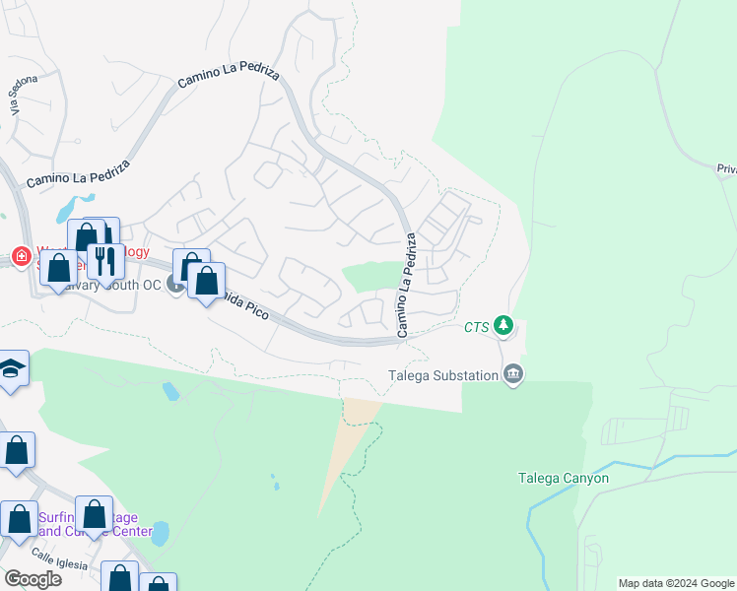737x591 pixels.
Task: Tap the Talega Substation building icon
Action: point(513,373)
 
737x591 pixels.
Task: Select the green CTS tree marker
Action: point(503,324)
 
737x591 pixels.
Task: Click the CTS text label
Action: point(477,326)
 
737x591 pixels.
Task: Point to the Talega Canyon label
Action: point(564,479)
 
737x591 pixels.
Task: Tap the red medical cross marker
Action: point(21,256)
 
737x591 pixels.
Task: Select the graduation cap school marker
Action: point(12,369)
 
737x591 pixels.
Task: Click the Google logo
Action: point(33,579)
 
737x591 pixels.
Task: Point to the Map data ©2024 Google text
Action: point(676,583)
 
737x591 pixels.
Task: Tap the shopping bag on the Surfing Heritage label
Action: point(94,513)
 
